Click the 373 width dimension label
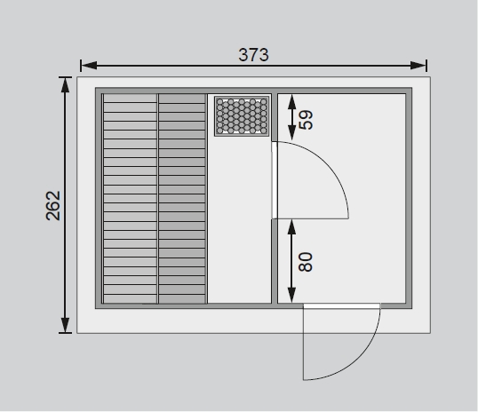coord(253,55)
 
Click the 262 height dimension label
coord(53,205)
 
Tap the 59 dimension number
coord(306,120)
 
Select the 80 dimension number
coord(306,262)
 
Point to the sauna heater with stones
coord(242,116)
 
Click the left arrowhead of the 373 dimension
coord(90,65)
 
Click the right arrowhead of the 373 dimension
coord(418,65)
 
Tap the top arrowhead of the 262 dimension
coord(65,85)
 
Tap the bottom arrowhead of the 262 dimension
coord(65,325)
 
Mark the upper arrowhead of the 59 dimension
coord(292,102)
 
